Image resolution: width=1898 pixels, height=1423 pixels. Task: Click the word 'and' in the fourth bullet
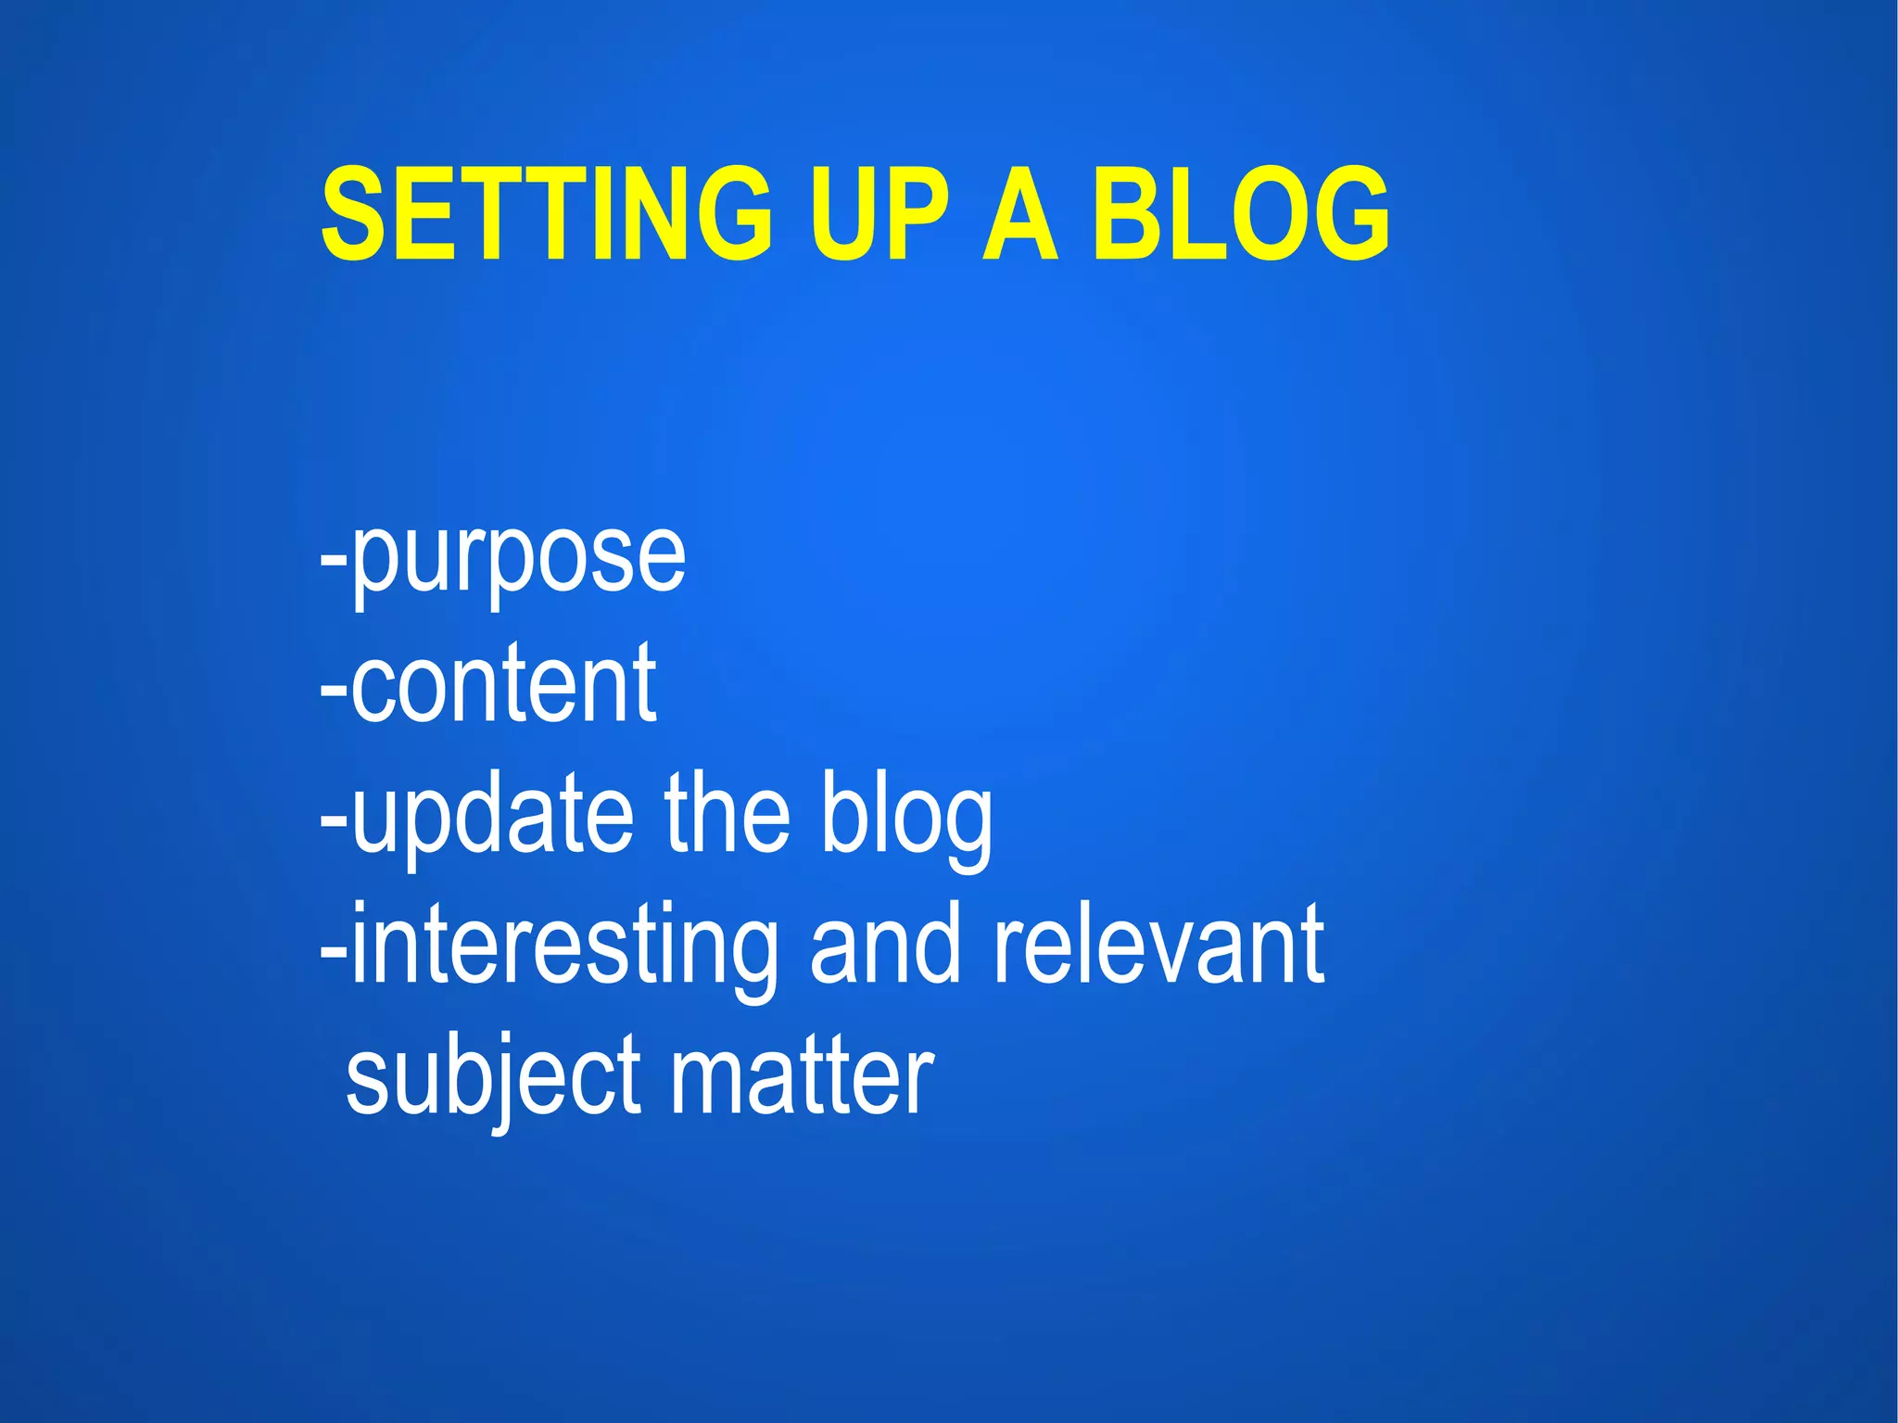point(885,946)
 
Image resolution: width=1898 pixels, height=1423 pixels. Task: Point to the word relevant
point(1158,946)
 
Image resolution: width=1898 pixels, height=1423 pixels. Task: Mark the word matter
point(802,1075)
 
